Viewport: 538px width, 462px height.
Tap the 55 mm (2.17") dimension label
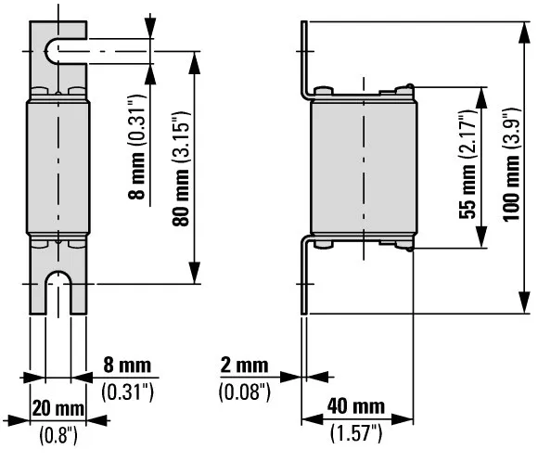(x=468, y=169)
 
